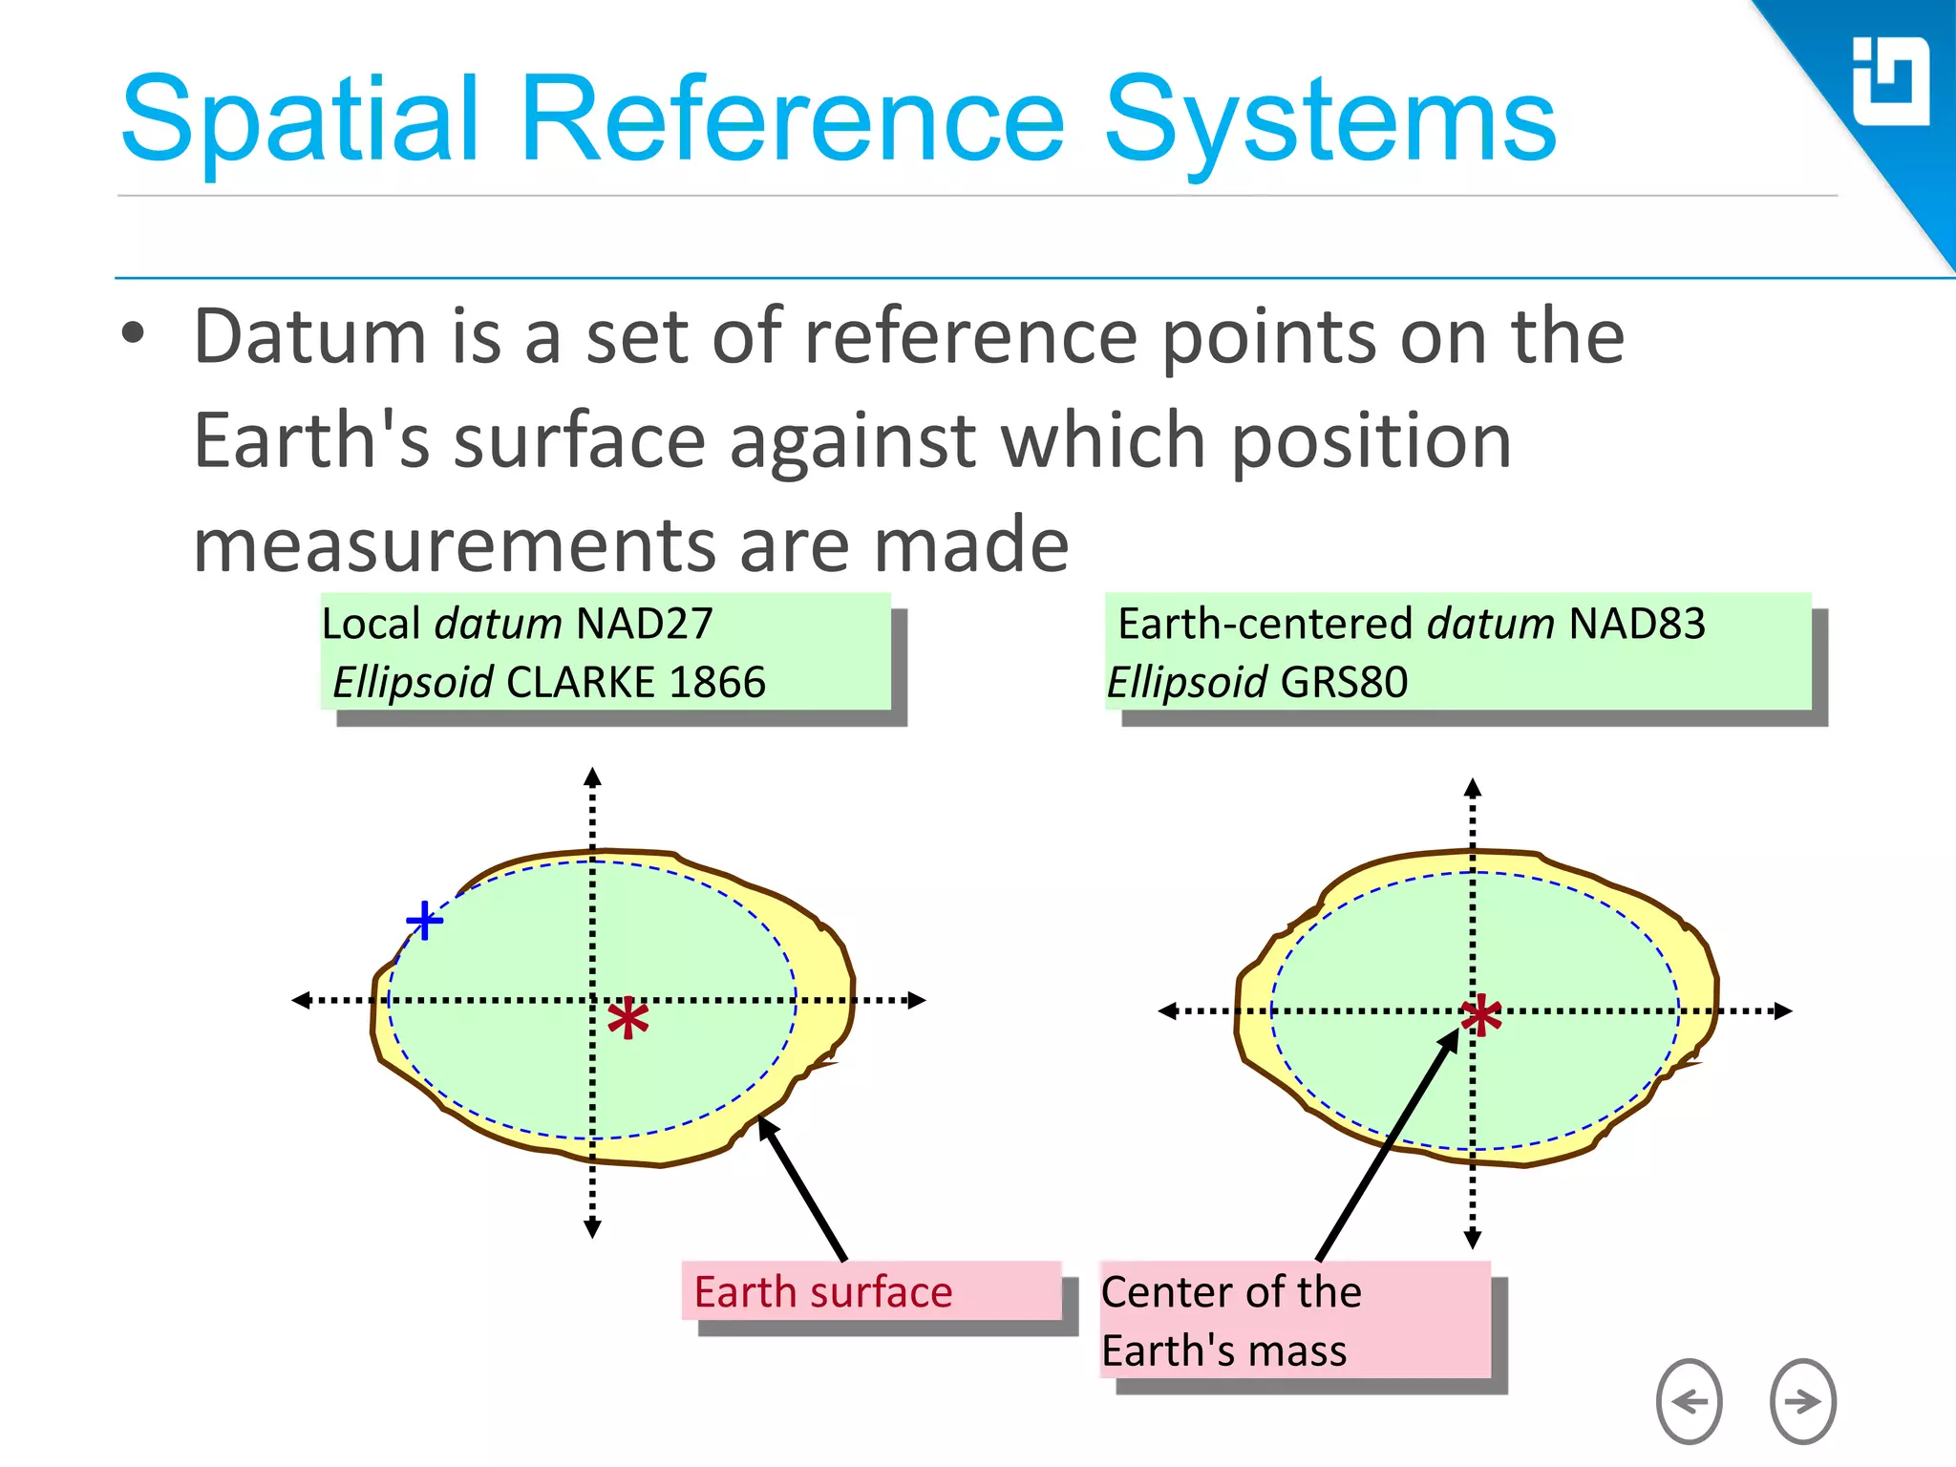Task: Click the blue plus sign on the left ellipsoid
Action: (424, 921)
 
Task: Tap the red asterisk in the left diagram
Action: (628, 1020)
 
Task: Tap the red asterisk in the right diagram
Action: (1481, 1016)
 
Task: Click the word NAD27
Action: (645, 624)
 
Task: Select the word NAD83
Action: (1636, 624)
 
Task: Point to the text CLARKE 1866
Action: (635, 683)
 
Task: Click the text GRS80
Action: (1344, 683)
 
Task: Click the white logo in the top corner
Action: (1890, 81)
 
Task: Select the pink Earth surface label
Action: (823, 1292)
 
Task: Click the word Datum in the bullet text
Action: (309, 336)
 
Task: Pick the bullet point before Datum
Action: (134, 334)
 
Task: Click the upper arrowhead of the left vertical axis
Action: (592, 775)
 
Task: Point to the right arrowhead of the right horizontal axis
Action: (1783, 1010)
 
